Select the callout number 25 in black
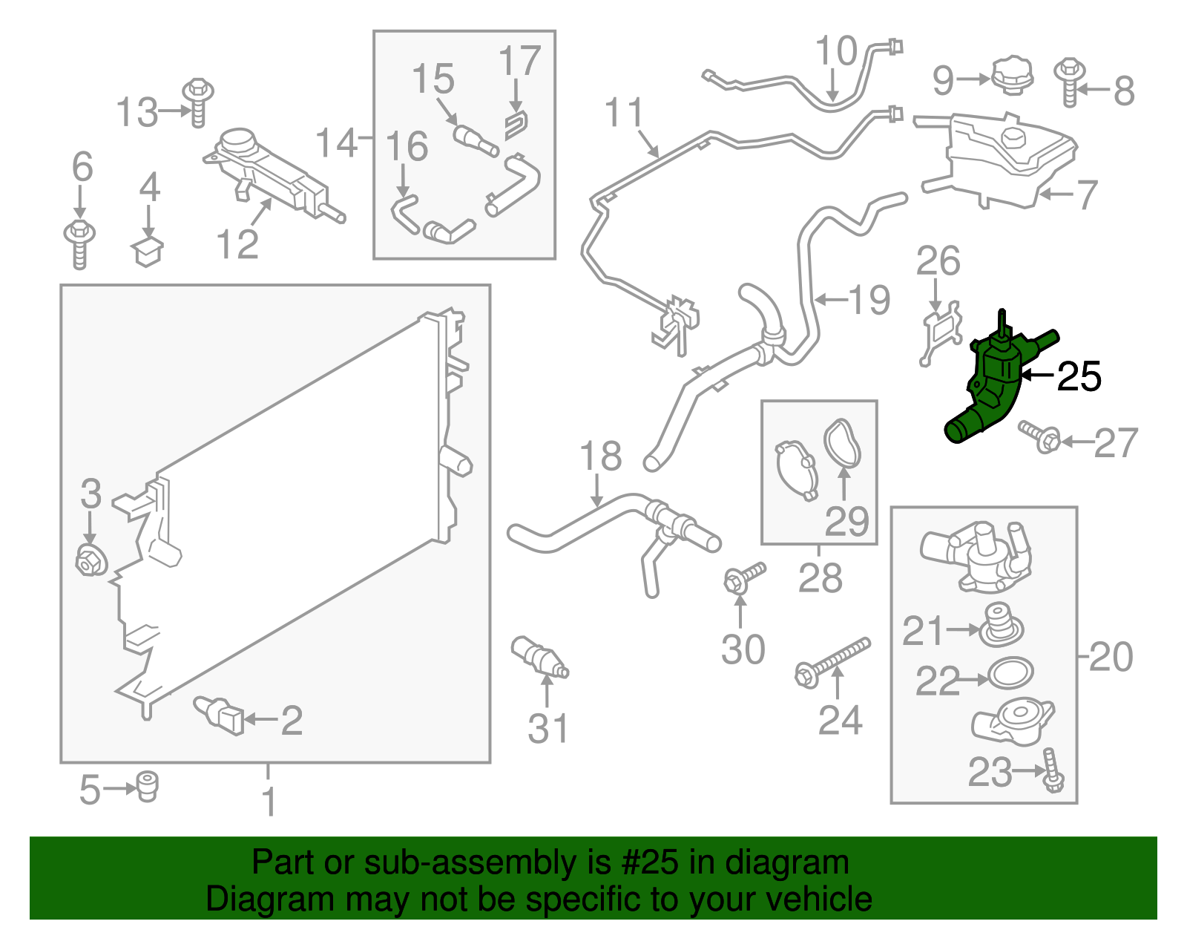1079,376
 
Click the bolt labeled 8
1070,82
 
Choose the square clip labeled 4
147,252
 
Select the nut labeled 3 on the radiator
91,560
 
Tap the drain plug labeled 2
219,715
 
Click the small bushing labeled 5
146,786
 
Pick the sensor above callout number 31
539,657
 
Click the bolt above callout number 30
744,578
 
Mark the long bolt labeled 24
832,662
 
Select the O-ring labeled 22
1010,673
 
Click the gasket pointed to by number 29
842,442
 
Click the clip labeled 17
516,125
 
